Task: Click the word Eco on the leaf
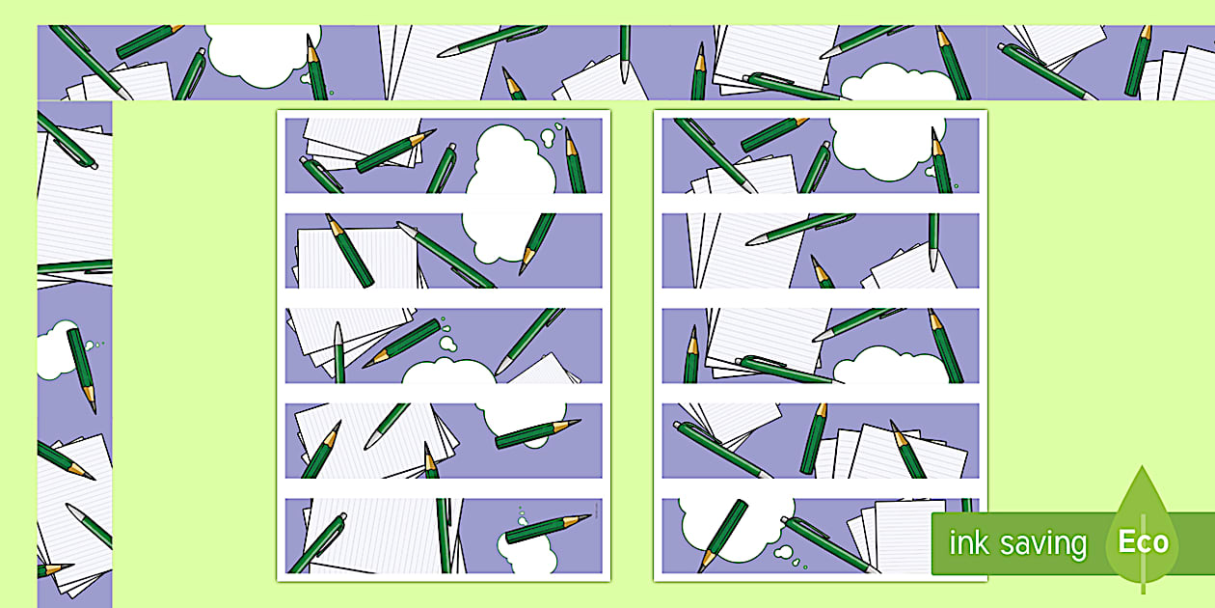coord(1144,541)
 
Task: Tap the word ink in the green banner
coord(969,542)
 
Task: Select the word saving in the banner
coord(1043,544)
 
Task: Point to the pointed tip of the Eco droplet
coord(1143,466)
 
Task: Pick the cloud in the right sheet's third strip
coord(889,366)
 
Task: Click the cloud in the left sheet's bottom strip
coord(527,552)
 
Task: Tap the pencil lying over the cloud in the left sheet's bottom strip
coord(548,528)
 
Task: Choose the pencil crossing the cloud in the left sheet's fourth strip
coord(537,433)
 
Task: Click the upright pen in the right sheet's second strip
coord(933,241)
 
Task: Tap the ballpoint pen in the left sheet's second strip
coord(445,254)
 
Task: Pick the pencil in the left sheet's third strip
coord(402,344)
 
